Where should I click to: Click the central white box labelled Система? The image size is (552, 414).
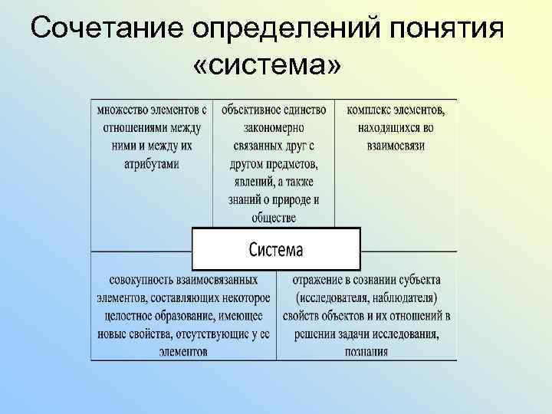[276, 249]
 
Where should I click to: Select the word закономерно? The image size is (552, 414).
[274, 128]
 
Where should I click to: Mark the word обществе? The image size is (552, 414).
[274, 219]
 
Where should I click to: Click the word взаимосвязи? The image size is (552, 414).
[396, 146]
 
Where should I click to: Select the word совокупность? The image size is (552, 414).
[142, 280]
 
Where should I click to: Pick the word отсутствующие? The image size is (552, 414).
[215, 334]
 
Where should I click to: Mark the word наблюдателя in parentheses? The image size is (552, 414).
[402, 297]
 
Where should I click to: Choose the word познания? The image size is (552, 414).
[366, 352]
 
